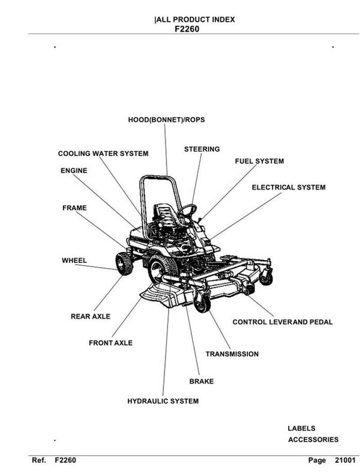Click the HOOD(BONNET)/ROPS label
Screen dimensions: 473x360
pos(166,120)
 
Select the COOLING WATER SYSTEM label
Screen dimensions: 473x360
pos(103,154)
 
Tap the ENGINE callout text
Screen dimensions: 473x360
pos(74,170)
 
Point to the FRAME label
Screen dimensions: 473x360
pos(74,208)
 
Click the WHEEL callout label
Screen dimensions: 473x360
pos(74,261)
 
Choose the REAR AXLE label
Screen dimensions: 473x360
pos(91,316)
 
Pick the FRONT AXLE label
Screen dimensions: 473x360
pos(110,343)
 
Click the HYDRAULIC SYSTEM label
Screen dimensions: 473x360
pos(163,400)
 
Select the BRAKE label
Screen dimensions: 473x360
pos(201,381)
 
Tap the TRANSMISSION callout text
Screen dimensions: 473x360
pos(232,354)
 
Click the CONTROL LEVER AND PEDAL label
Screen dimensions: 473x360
pos(282,322)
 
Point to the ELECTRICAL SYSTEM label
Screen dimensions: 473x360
pos(289,187)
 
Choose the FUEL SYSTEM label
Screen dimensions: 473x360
pos(259,161)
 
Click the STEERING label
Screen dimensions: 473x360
pos(202,149)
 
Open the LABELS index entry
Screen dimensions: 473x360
pos(301,429)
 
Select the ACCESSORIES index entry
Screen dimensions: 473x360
pos(313,439)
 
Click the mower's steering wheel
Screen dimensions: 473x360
pos(187,209)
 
